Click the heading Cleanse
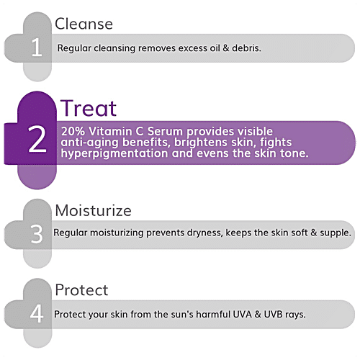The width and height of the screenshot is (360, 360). (84, 23)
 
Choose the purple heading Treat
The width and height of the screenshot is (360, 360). (89, 108)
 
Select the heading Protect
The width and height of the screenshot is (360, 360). (81, 290)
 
